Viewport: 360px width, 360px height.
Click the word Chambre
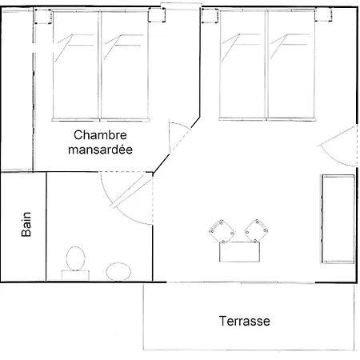coord(100,135)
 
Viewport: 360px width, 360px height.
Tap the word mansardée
coord(100,150)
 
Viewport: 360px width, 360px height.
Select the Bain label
coord(26,224)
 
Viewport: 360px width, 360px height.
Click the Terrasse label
coord(245,321)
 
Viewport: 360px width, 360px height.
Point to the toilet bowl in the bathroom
coord(76,258)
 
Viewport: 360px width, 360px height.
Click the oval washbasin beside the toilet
coord(118,272)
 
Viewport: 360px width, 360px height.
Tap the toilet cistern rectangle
coord(75,275)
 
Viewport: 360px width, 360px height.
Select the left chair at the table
coord(222,231)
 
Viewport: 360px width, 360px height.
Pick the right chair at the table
coord(257,231)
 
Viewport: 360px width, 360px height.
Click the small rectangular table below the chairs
coord(239,252)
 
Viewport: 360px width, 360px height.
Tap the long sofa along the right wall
coord(338,219)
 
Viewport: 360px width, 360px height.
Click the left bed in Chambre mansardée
coord(76,66)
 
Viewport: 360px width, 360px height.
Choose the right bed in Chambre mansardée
coord(125,66)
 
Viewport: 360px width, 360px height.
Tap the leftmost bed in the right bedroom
coord(242,66)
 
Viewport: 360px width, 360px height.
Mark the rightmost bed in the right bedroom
coord(291,66)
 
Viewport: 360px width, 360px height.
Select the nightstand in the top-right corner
coord(324,14)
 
